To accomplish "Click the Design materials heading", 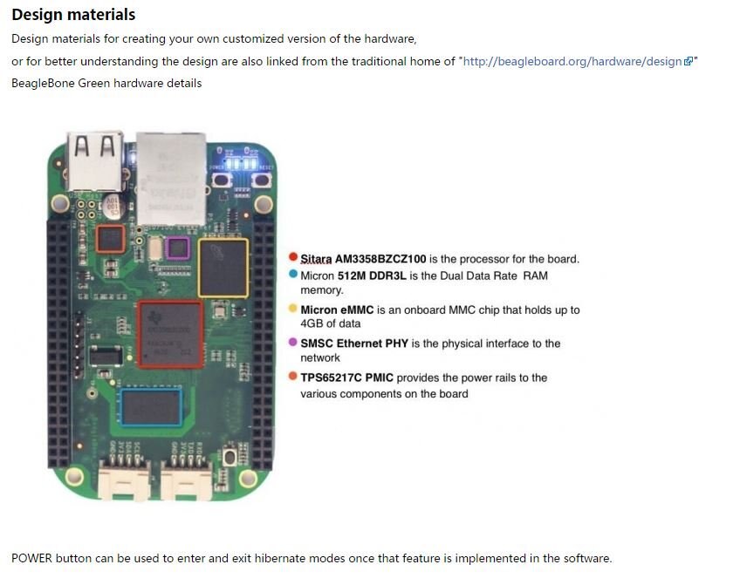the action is click(x=73, y=15).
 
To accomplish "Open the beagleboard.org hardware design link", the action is click(x=572, y=61).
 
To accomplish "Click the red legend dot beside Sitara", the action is click(x=293, y=257).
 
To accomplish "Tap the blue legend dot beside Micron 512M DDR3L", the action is click(x=293, y=274).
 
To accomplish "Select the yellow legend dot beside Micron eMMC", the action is click(x=293, y=309).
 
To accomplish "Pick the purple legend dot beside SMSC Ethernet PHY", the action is click(x=293, y=343).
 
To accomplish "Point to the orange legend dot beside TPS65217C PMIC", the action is click(x=293, y=376).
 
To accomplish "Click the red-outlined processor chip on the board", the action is click(x=170, y=335).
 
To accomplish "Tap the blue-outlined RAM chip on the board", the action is click(x=151, y=407).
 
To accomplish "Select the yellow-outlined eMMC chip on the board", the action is click(x=223, y=269).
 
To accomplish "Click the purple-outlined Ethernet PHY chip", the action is click(x=178, y=248).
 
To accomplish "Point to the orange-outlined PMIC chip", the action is click(x=111, y=239).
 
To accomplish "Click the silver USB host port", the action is click(x=95, y=161).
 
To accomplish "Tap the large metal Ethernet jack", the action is click(x=172, y=179).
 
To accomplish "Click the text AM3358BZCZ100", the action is click(x=380, y=259).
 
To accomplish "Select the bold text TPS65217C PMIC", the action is click(x=346, y=378).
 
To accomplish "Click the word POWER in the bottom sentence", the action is click(x=31, y=558).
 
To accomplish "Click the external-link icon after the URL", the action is click(x=689, y=61).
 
